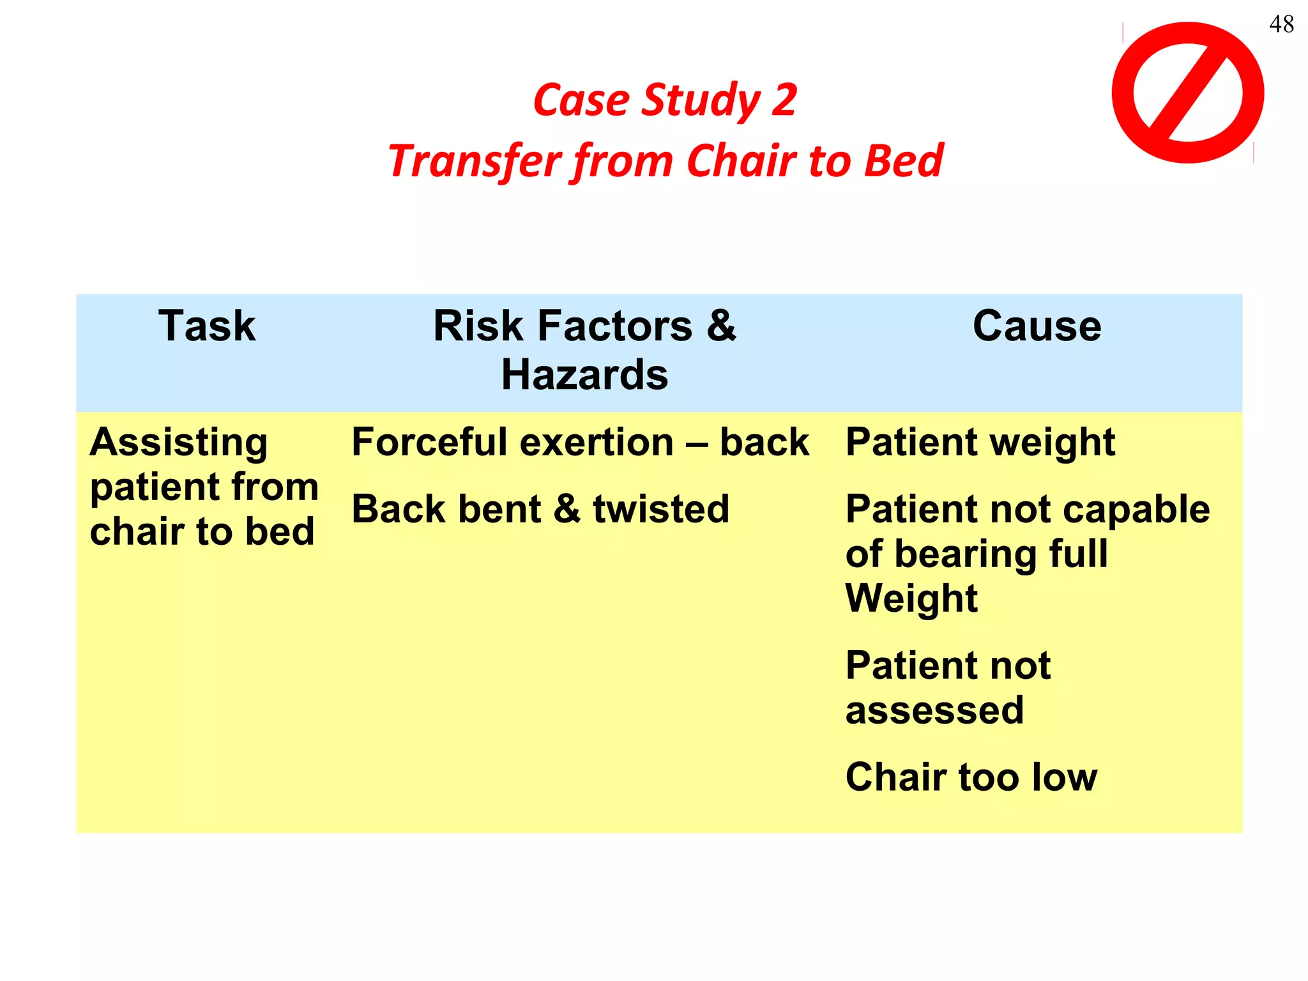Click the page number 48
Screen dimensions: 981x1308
point(1281,24)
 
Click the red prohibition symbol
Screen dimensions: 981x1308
point(1188,93)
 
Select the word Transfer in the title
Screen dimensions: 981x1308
point(475,160)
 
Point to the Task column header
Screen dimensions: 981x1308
point(207,326)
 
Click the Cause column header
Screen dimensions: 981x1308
point(1037,326)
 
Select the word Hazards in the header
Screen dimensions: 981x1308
point(584,375)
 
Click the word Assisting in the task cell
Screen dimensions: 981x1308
point(179,443)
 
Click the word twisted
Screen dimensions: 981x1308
point(661,509)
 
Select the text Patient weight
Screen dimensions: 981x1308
point(980,442)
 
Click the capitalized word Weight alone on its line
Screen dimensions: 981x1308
point(911,598)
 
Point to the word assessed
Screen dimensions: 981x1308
point(934,710)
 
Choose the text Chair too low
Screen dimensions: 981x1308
point(971,777)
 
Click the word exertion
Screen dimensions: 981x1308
point(607,442)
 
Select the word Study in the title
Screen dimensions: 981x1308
point(701,100)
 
